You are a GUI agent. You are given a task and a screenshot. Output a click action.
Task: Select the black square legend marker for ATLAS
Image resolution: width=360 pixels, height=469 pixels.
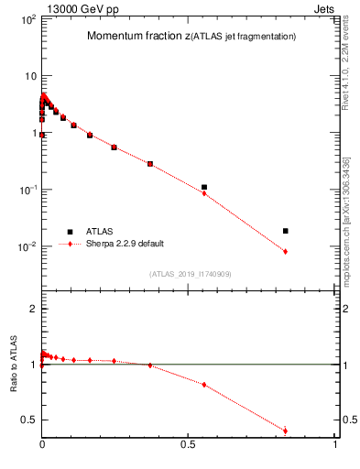pyautogui.click(x=70, y=232)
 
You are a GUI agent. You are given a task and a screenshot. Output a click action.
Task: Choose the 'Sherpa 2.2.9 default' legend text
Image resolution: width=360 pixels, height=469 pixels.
pyautogui.click(x=125, y=245)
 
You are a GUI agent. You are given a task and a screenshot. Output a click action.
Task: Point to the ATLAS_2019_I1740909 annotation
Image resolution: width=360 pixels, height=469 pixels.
pyautogui.click(x=190, y=274)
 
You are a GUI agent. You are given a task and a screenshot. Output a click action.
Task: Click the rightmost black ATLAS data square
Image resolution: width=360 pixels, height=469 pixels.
pyautogui.click(x=286, y=231)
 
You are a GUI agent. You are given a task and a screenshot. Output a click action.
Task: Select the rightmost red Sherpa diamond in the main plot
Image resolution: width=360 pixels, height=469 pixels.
pyautogui.click(x=286, y=251)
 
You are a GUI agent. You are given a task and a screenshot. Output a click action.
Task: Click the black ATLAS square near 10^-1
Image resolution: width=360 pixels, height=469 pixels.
pyautogui.click(x=204, y=187)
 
